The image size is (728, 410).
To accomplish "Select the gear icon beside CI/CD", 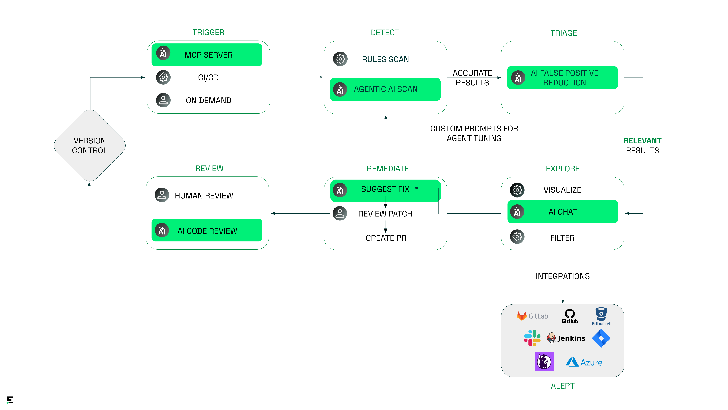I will [163, 77].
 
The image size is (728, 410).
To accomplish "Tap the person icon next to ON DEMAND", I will [163, 100].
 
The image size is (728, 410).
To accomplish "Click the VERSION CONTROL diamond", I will [90, 145].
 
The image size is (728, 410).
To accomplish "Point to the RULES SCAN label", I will [385, 59].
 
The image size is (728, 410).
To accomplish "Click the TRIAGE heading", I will [563, 33].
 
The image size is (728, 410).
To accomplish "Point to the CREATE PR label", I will [386, 238].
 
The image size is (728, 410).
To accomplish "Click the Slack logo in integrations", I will [532, 338].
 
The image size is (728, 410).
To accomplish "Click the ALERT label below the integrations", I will [562, 386].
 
